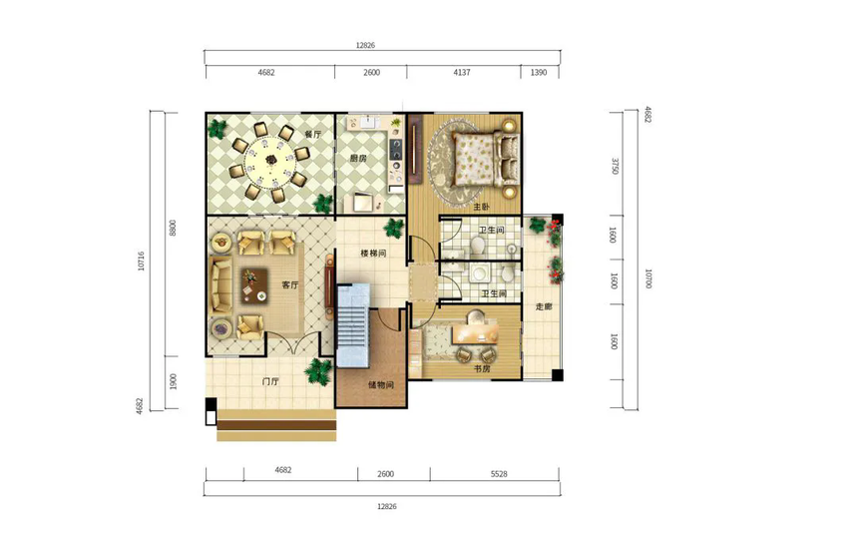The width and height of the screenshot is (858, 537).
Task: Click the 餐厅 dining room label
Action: tap(313, 134)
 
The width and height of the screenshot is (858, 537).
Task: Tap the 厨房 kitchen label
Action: tap(358, 158)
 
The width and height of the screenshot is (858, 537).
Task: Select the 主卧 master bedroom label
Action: tap(482, 207)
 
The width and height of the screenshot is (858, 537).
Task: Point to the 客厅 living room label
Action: tap(290, 285)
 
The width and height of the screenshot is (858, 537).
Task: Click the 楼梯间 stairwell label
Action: tap(374, 254)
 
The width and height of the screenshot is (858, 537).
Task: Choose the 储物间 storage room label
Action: tap(381, 385)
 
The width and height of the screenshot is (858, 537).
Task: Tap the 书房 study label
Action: tap(482, 369)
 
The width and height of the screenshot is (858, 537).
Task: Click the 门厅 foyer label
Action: tap(270, 381)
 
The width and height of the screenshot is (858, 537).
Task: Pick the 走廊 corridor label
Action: tap(544, 306)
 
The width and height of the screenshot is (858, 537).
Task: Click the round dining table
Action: tap(269, 161)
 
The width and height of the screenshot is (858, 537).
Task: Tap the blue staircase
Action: tap(353, 325)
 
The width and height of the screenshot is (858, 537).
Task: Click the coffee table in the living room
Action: tap(254, 286)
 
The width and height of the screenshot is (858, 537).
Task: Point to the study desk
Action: tap(476, 333)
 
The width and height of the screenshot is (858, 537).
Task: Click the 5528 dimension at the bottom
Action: tap(499, 474)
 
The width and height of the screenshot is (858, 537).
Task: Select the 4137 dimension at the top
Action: tap(462, 72)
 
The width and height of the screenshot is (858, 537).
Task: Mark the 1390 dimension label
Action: tap(539, 72)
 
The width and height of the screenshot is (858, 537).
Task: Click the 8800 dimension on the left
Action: tap(173, 228)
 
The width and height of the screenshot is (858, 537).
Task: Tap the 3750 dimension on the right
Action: tap(615, 166)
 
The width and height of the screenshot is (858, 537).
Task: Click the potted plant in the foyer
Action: tap(318, 371)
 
